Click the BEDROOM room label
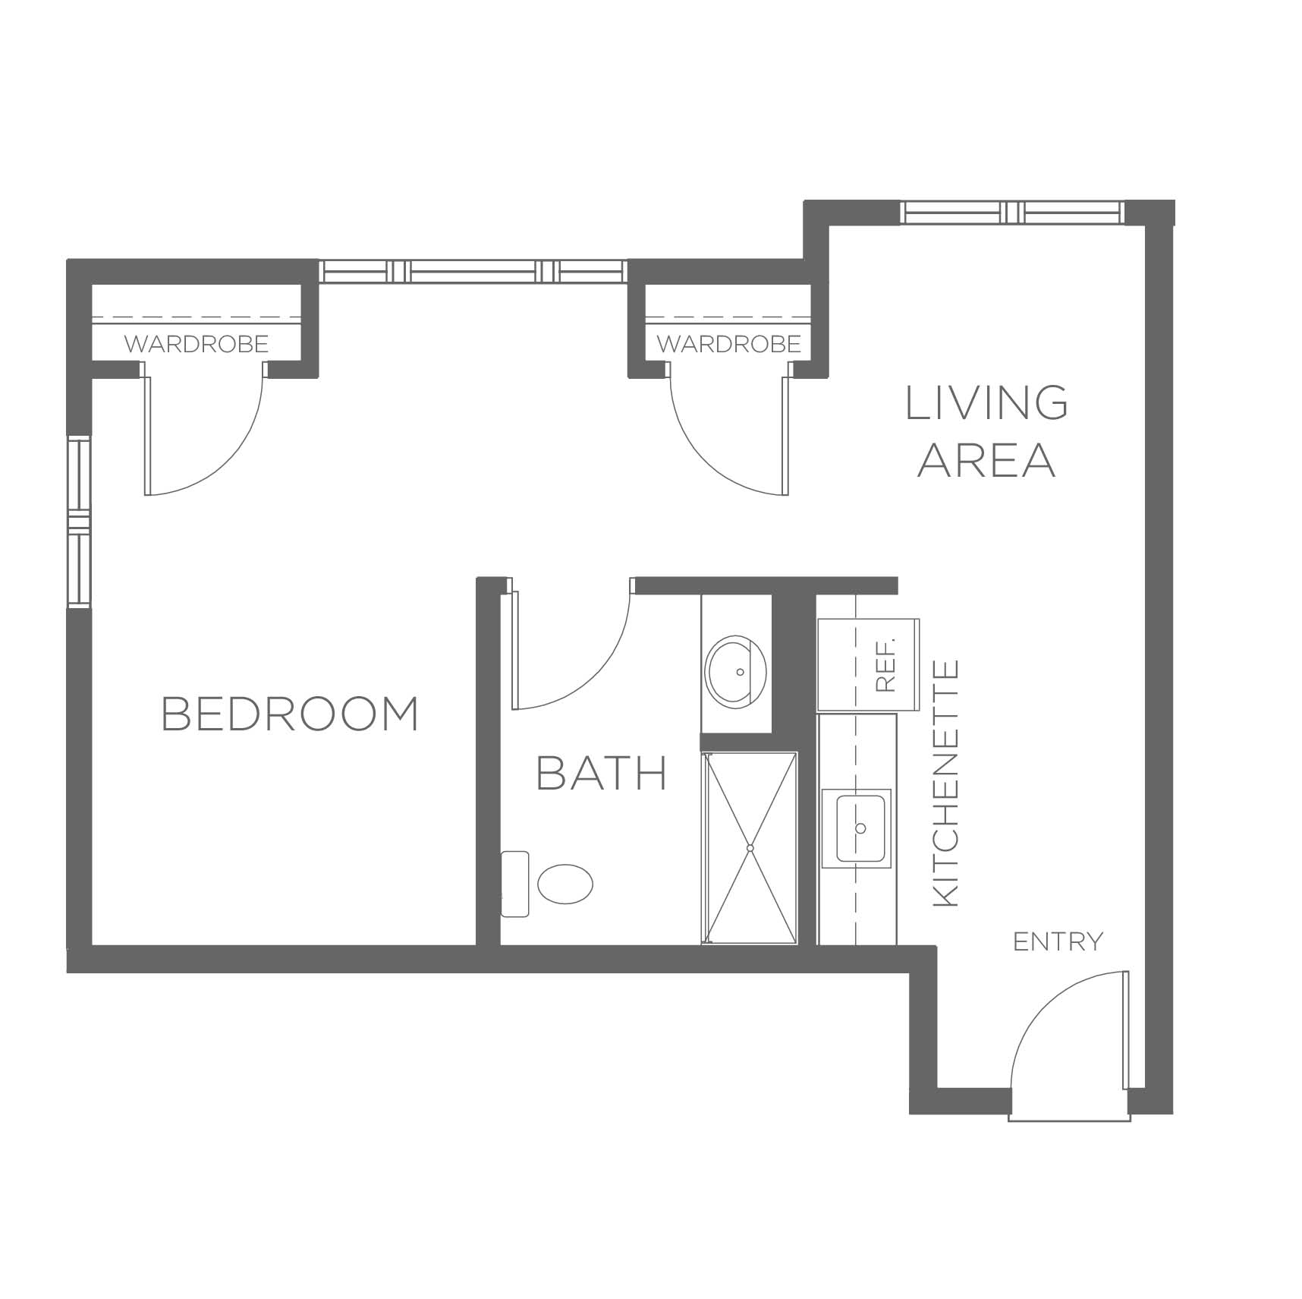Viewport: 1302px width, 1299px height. (290, 714)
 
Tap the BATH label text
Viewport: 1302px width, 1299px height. (602, 773)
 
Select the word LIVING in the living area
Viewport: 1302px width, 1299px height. (987, 402)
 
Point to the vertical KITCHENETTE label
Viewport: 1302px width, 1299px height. (945, 783)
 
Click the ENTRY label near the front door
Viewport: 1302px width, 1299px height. (1058, 942)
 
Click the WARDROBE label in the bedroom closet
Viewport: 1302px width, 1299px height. (197, 345)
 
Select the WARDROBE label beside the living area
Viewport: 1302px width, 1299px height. (729, 345)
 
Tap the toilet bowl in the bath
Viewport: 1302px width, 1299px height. (565, 884)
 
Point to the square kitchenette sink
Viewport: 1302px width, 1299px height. (860, 828)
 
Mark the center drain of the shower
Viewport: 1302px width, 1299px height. (750, 847)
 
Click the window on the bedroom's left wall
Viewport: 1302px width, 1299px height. (79, 522)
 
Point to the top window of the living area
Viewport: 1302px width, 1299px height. (1012, 212)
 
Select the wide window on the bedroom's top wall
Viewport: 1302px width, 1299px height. (473, 271)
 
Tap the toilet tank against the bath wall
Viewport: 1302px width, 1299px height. (515, 884)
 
